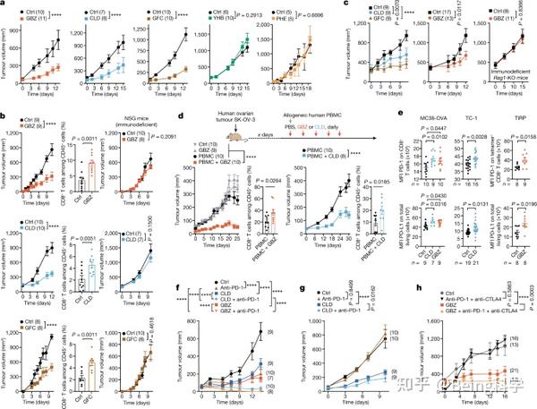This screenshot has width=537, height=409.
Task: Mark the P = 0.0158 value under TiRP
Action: coord(516,137)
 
